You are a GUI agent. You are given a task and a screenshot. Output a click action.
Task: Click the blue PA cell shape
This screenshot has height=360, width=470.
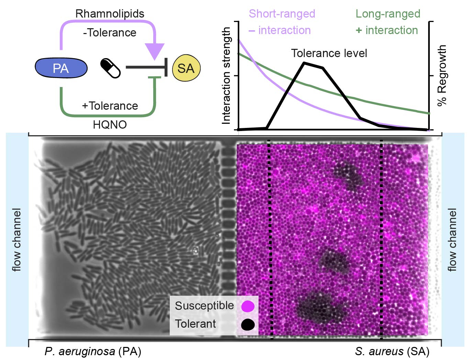(x=61, y=68)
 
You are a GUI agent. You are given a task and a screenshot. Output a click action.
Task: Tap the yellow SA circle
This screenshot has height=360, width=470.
(x=186, y=68)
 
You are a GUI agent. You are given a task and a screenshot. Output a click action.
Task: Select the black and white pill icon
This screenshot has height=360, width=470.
(x=110, y=68)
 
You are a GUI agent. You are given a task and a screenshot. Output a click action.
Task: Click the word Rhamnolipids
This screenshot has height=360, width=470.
(x=110, y=14)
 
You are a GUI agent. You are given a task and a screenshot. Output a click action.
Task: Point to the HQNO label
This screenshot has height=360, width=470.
(x=110, y=124)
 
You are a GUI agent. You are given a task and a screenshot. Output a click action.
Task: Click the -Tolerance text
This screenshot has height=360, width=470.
(x=110, y=33)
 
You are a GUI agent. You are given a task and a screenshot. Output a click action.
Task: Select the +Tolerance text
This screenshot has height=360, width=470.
(x=110, y=106)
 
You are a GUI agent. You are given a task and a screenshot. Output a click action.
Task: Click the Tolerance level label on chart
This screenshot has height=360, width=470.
(x=329, y=53)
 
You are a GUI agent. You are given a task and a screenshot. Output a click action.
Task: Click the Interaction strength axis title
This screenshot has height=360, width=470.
(x=226, y=76)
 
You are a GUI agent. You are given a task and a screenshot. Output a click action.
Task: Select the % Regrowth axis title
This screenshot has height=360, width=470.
(x=442, y=75)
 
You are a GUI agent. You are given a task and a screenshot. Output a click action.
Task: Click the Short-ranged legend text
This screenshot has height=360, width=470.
(x=282, y=14)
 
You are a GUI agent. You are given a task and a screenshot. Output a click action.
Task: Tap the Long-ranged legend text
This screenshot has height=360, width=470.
(x=388, y=14)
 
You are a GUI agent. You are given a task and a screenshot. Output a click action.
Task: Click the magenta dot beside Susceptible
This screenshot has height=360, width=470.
(x=248, y=306)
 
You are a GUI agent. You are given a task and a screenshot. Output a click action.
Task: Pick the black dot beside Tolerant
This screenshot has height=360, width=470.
(x=248, y=324)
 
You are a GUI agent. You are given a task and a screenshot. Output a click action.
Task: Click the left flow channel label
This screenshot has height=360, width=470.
(x=16, y=239)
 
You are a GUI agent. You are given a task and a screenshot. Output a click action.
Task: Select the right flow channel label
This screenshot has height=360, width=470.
(x=452, y=239)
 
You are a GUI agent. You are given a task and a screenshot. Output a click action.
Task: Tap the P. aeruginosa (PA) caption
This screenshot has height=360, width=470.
(x=93, y=351)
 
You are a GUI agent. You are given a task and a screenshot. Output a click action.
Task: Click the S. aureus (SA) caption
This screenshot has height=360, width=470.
(x=392, y=351)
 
